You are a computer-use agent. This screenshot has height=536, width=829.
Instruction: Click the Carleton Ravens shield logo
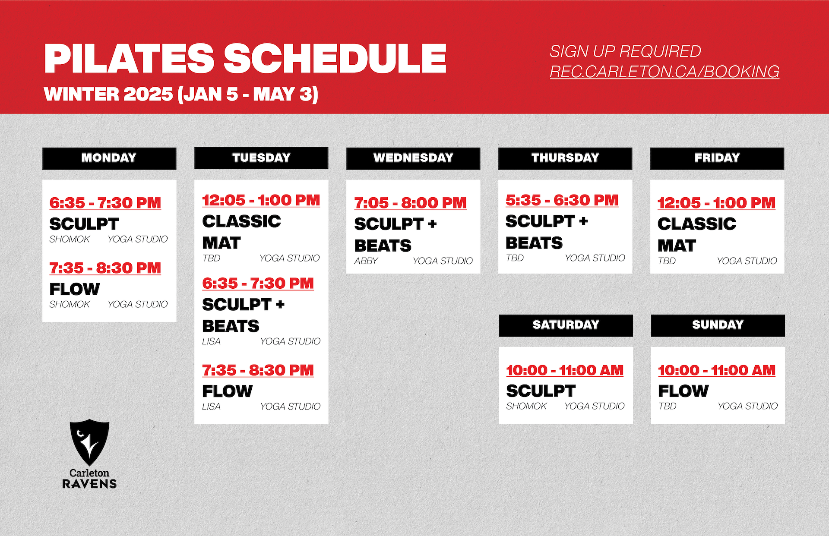(89, 442)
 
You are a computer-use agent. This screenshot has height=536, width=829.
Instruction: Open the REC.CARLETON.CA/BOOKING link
(664, 72)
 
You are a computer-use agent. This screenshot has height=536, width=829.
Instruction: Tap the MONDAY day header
(109, 158)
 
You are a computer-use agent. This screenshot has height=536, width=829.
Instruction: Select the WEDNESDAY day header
(413, 158)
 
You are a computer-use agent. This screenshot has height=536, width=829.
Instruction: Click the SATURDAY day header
(566, 325)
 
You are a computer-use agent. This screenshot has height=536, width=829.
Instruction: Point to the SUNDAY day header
(718, 325)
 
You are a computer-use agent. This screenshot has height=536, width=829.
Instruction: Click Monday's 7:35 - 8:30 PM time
(105, 268)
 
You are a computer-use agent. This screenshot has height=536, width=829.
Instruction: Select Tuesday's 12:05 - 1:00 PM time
(261, 200)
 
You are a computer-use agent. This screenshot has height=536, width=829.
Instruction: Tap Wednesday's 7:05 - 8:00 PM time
(411, 203)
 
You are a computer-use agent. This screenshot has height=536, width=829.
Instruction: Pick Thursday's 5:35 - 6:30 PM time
(562, 200)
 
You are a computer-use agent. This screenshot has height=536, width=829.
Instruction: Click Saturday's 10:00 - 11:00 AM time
(565, 370)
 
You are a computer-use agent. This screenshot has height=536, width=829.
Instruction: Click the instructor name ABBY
(366, 261)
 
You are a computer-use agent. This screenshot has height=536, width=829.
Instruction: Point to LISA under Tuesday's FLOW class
(211, 407)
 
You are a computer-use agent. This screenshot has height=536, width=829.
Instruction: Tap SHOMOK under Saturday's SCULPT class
(526, 406)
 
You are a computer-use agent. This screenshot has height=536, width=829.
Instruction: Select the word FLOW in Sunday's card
(683, 391)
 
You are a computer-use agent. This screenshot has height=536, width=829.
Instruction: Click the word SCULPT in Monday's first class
(84, 224)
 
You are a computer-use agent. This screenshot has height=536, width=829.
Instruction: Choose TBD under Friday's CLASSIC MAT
(667, 261)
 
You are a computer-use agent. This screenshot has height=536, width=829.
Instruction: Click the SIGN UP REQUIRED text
(625, 51)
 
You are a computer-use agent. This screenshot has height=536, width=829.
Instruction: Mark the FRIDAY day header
(717, 158)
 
